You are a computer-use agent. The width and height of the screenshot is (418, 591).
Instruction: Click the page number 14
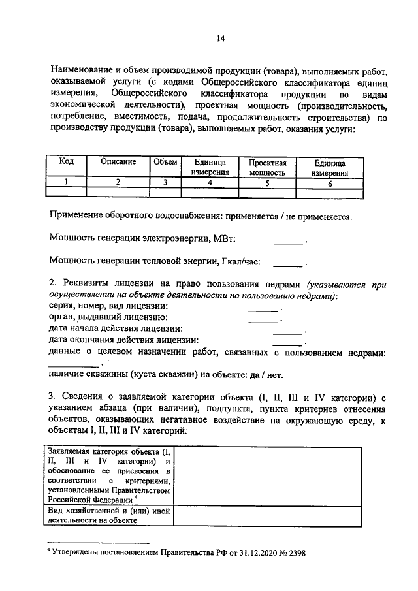(221, 39)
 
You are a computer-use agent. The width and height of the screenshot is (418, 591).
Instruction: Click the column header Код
(67, 162)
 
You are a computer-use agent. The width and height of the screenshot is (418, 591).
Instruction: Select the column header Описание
(118, 162)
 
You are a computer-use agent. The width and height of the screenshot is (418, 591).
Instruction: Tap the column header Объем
(165, 162)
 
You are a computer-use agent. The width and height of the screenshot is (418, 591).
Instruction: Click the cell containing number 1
(67, 183)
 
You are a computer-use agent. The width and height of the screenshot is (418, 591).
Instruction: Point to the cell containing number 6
(329, 184)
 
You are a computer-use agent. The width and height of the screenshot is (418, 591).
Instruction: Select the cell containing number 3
(165, 183)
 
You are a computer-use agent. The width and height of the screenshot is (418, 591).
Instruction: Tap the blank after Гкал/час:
(288, 263)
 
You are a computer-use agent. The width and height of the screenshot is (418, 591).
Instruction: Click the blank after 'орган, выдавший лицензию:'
(263, 319)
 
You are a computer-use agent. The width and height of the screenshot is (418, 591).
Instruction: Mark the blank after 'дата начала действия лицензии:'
(287, 330)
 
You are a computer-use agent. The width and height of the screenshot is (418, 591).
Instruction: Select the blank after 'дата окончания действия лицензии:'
(287, 342)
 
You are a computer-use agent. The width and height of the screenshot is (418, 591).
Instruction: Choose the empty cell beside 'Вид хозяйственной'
(268, 516)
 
